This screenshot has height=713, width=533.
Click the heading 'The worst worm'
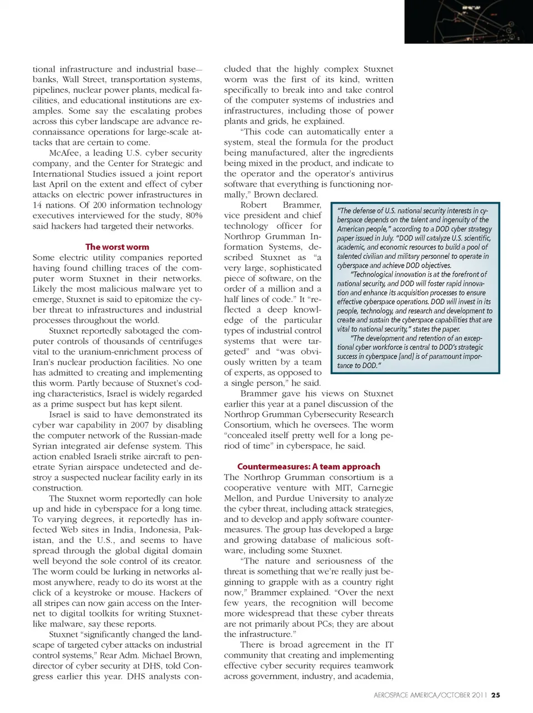(117, 247)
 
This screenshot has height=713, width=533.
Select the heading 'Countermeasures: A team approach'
(309, 466)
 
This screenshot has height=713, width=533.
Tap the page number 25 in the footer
(496, 695)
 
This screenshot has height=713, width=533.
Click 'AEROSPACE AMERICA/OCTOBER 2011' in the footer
(430, 695)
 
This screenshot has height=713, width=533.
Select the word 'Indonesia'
(158, 529)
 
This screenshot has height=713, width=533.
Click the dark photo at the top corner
(469, 22)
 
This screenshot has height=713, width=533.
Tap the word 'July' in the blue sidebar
(388, 238)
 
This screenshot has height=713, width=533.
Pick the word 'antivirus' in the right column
(373, 174)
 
